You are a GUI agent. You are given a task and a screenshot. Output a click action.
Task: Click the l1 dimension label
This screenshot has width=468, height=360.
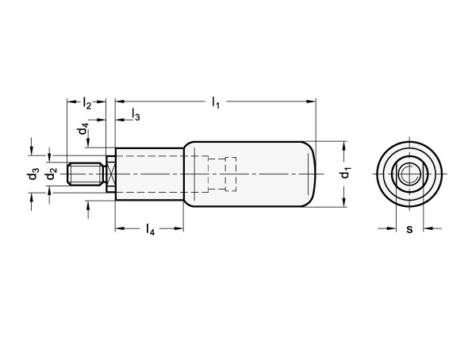point(216,102)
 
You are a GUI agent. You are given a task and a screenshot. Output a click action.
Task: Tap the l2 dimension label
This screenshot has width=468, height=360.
point(86,103)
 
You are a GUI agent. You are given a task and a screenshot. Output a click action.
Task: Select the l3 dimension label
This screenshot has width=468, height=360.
point(136,114)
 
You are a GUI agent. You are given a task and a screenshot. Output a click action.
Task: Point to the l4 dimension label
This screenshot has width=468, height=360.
point(151,229)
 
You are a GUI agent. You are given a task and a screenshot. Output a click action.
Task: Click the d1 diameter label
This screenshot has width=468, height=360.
point(346,174)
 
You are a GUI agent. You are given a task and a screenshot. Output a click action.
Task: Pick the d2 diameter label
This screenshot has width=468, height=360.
point(52,174)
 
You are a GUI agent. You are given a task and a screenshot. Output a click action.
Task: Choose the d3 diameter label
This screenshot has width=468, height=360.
point(33,174)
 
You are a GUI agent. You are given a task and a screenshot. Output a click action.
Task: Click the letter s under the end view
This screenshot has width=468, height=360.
point(409,229)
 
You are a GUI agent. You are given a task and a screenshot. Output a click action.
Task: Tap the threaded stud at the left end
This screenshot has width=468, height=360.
point(86,174)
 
